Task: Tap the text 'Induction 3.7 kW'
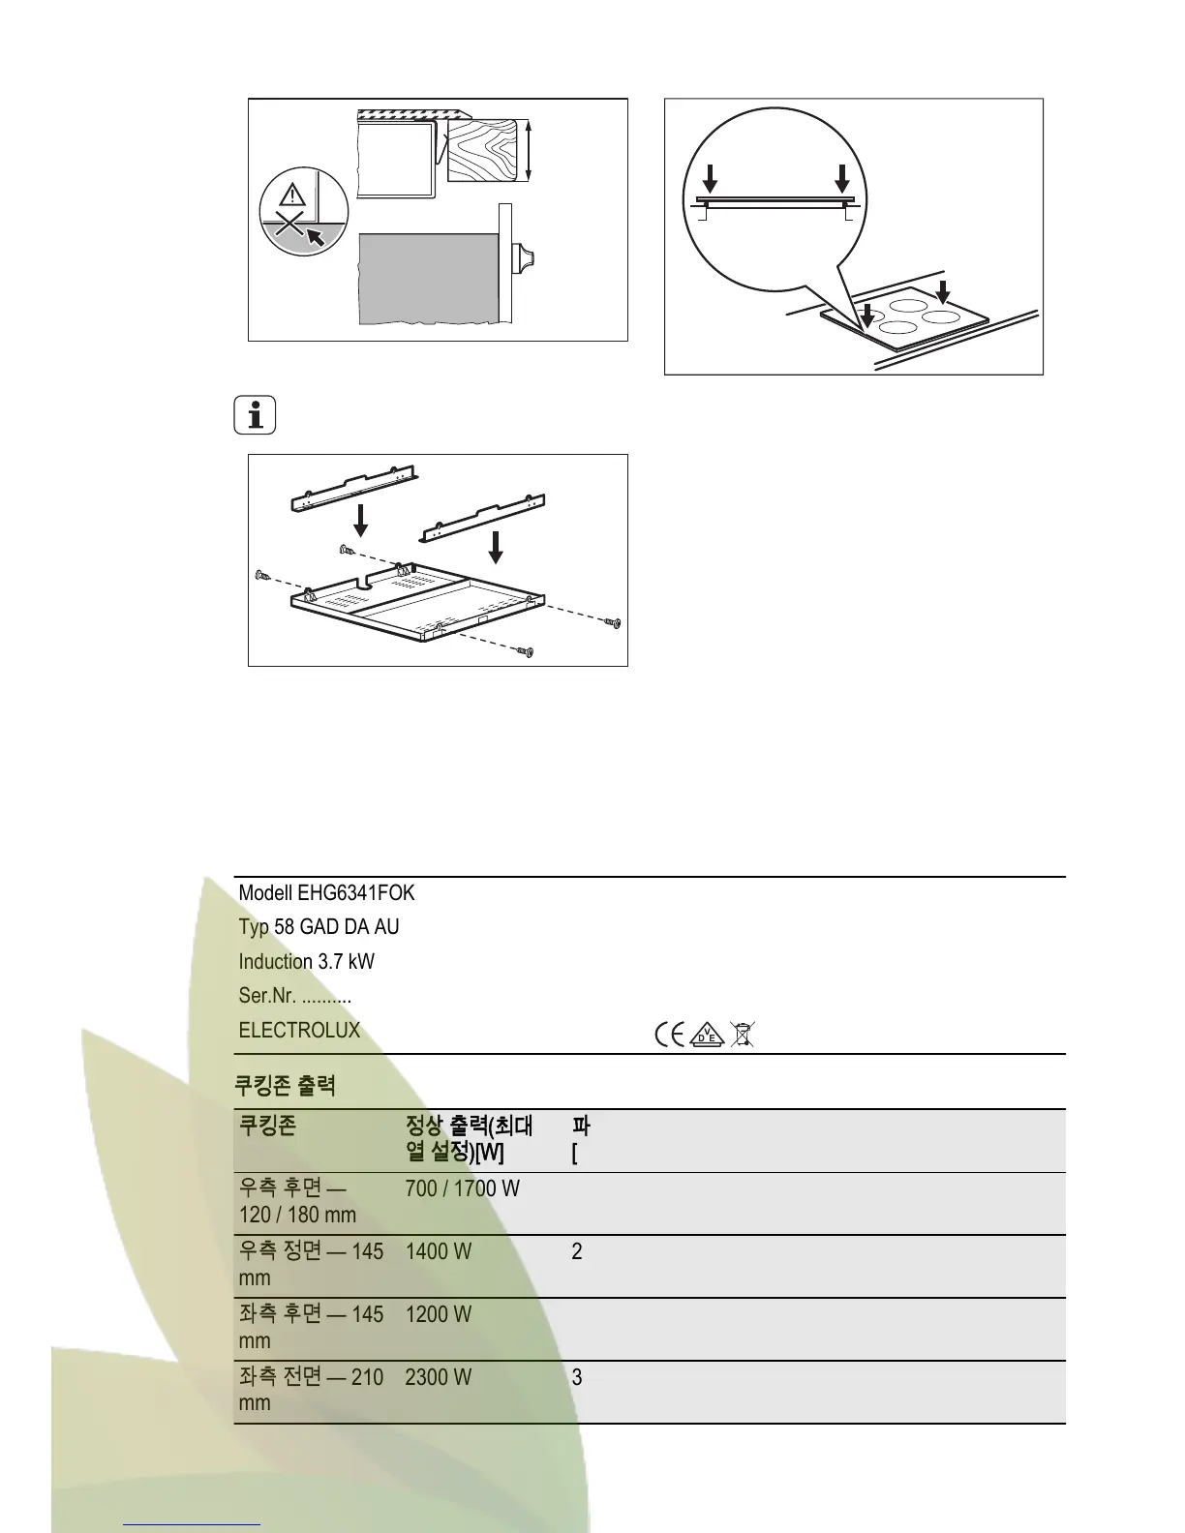(x=306, y=962)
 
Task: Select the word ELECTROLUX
(x=299, y=1031)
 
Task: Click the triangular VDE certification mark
(x=709, y=1035)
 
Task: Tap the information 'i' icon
(x=255, y=416)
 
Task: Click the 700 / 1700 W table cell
(x=462, y=1188)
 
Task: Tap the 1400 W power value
(x=438, y=1252)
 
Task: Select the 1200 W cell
(x=438, y=1315)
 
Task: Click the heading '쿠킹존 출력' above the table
(x=285, y=1086)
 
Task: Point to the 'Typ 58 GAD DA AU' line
(x=319, y=927)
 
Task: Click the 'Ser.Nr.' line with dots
(x=294, y=996)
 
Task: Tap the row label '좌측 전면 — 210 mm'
(x=311, y=1389)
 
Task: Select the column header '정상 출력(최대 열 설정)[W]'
(x=469, y=1139)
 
